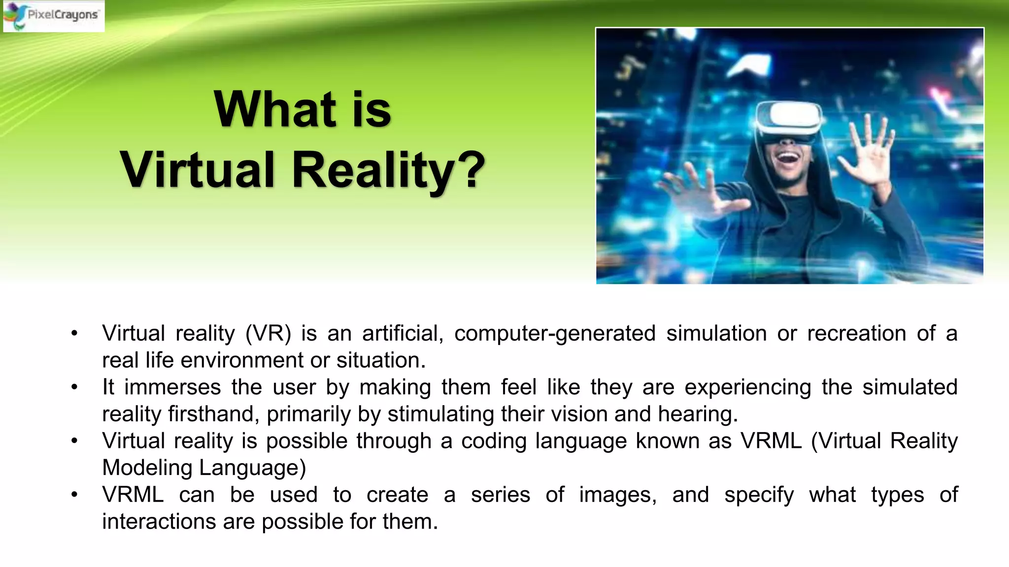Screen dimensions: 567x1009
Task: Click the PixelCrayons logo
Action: [53, 16]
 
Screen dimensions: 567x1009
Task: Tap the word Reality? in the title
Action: [389, 170]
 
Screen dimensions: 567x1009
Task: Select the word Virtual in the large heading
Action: [197, 170]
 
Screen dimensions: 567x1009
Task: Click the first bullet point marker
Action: [74, 334]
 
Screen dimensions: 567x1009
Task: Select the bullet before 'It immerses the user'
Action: [74, 387]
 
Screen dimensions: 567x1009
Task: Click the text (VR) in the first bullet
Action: [268, 334]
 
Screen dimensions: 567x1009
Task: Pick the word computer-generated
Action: [555, 334]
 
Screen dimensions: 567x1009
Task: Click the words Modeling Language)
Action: [204, 468]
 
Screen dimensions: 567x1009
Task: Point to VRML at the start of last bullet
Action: [133, 495]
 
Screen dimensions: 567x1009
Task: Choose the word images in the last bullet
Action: [617, 495]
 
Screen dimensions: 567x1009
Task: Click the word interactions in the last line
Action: [159, 522]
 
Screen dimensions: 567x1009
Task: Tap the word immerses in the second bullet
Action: [172, 387]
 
